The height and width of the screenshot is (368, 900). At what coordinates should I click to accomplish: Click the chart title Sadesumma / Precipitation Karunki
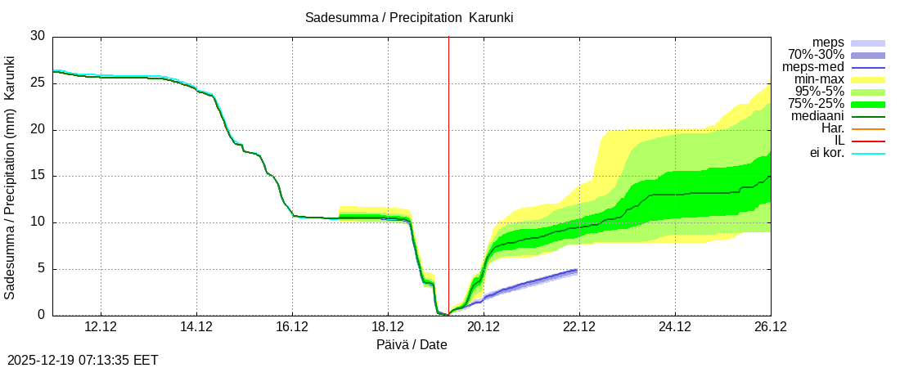point(409,17)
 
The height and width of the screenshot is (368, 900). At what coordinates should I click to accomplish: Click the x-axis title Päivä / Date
point(412,344)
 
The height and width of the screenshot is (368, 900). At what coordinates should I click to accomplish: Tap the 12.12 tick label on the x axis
point(101,327)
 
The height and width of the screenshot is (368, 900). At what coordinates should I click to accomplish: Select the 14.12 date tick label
point(196,327)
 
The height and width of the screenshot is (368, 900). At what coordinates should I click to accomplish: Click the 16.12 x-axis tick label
point(292,327)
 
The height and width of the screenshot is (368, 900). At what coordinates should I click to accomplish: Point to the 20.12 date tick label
point(484,327)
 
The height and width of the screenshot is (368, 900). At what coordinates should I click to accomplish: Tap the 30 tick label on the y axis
point(38,36)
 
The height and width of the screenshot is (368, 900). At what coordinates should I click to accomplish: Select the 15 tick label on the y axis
point(38,176)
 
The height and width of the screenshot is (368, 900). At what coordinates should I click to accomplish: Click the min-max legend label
point(819,79)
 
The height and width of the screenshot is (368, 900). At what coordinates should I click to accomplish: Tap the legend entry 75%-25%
point(816,104)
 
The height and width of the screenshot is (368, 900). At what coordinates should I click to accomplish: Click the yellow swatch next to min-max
point(868,79)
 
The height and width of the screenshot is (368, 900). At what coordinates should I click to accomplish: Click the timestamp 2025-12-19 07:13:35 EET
point(83,360)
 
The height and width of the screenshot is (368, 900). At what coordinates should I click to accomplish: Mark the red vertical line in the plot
point(448,164)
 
